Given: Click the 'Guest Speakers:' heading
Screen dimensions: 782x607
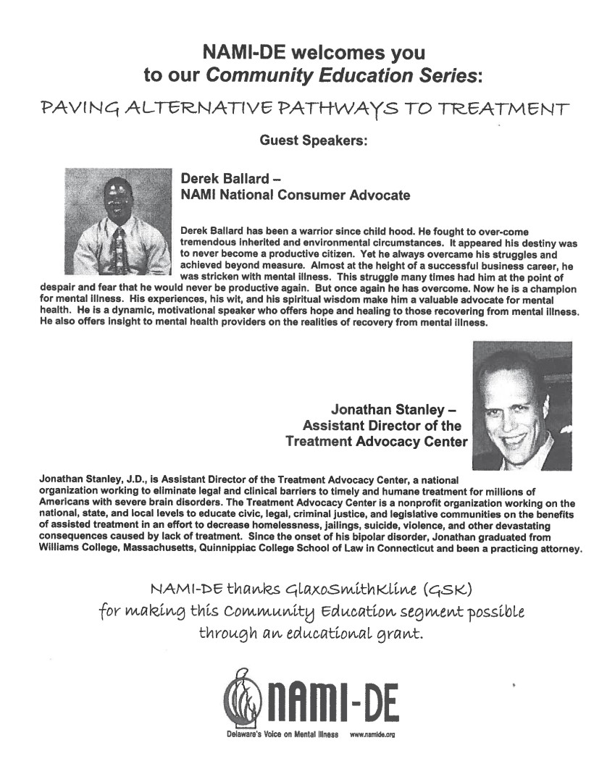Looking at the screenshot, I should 314,142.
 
